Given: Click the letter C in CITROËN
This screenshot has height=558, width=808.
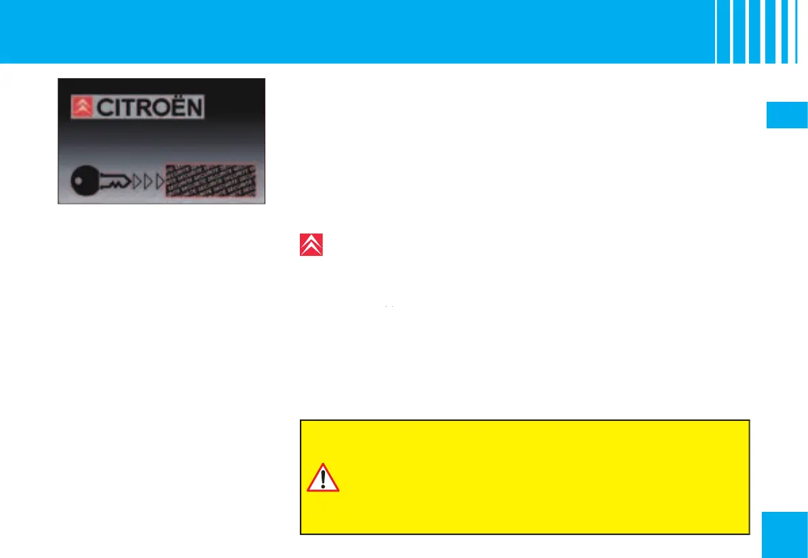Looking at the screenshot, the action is pyautogui.click(x=101, y=109).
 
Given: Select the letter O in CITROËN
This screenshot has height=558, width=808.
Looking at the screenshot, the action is pyautogui.click(x=153, y=109).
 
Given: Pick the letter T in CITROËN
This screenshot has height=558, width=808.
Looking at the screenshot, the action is pyautogui.click(x=124, y=109).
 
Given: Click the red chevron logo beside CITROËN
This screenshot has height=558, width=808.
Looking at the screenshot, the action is pyautogui.click(x=82, y=108).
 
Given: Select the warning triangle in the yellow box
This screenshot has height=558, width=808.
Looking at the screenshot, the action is pyautogui.click(x=323, y=479).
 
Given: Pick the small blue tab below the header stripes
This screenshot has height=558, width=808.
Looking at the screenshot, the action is pyautogui.click(x=786, y=115).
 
